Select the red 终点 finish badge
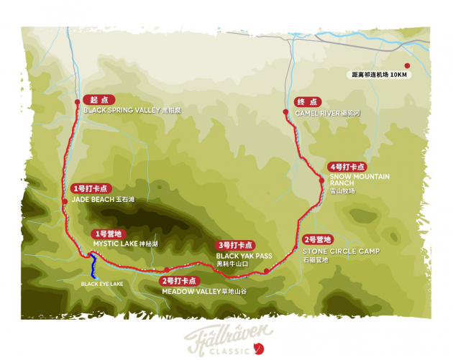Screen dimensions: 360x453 click(308, 102)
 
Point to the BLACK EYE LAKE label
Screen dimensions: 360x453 click(103, 284)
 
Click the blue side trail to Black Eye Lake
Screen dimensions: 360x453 click(93, 267)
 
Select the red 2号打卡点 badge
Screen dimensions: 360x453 click(179, 281)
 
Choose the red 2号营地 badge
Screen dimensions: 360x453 click(318, 239)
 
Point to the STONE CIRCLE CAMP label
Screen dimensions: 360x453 click(341, 251)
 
